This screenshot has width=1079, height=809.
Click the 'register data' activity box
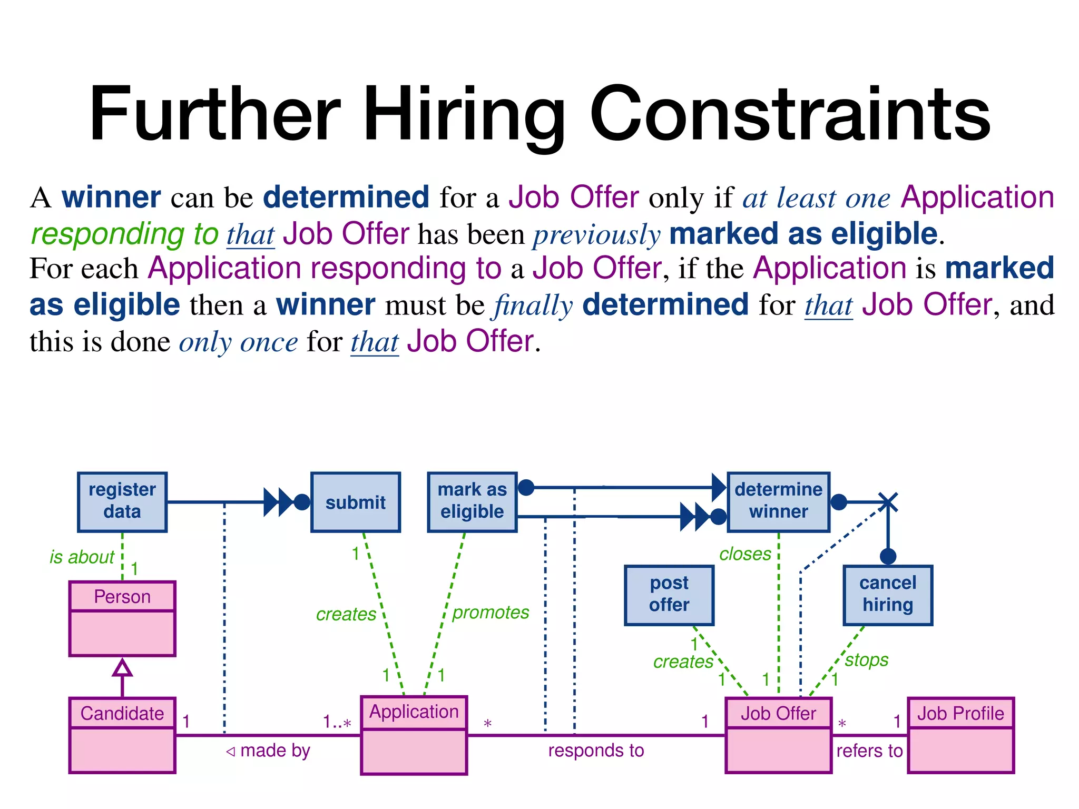(x=122, y=502)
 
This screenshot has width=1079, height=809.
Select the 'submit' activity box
(x=356, y=502)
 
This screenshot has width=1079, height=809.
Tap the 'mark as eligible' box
(x=472, y=502)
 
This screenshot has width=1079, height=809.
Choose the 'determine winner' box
(x=778, y=502)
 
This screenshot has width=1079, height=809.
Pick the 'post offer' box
(x=669, y=595)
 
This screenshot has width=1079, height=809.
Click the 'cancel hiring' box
(x=888, y=595)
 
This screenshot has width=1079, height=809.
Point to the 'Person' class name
(x=122, y=597)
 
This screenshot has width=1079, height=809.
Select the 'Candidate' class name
(x=122, y=714)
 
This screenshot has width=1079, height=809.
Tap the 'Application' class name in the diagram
(x=414, y=712)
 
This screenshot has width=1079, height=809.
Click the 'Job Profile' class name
(x=960, y=714)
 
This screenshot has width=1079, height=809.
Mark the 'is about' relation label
(x=82, y=557)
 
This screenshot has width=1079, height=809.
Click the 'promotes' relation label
(x=491, y=613)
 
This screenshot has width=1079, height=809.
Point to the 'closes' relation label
(x=745, y=554)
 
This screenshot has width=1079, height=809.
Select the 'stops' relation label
(x=867, y=660)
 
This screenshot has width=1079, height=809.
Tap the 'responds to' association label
(x=596, y=751)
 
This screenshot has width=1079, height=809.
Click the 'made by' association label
(x=274, y=751)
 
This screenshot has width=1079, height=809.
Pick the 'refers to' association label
(x=869, y=751)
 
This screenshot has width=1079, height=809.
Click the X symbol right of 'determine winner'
(x=888, y=502)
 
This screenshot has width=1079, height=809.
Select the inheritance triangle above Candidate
(x=122, y=668)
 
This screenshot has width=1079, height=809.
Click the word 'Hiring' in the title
(x=464, y=115)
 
